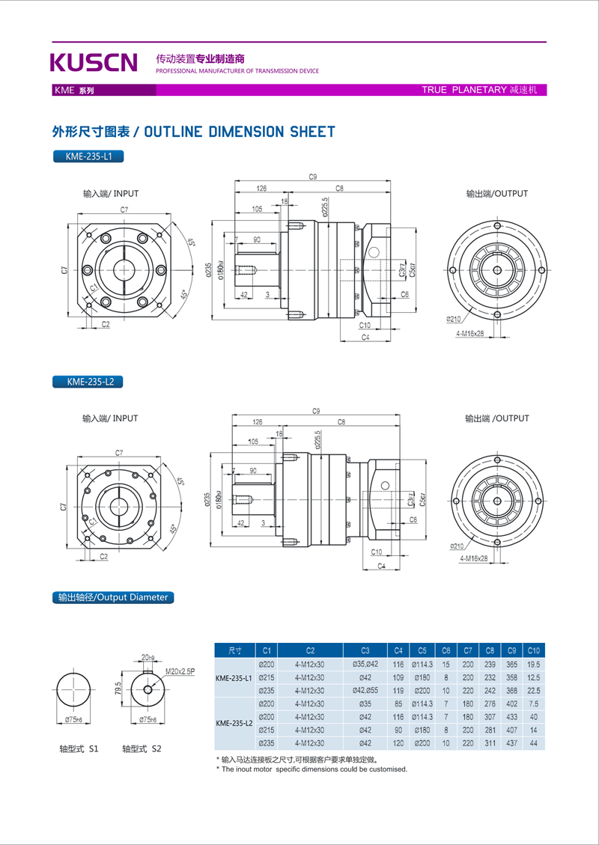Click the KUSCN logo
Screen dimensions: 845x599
click(x=94, y=62)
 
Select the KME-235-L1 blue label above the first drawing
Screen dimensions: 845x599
click(x=88, y=157)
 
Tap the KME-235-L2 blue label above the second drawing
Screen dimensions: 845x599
click(x=88, y=382)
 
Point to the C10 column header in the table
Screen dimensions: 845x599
click(x=533, y=650)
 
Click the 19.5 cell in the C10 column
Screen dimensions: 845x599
click(x=533, y=664)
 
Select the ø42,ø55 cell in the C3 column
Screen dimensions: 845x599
click(x=365, y=690)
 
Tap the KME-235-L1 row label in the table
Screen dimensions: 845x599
click(x=234, y=677)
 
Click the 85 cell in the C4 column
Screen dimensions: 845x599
click(x=398, y=704)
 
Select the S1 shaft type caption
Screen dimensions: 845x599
click(x=79, y=748)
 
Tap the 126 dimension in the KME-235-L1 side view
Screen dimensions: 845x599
click(x=261, y=188)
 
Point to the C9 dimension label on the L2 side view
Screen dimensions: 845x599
click(x=315, y=411)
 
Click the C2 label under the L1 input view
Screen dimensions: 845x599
click(x=106, y=324)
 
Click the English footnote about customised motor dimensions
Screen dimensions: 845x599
click(x=313, y=769)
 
